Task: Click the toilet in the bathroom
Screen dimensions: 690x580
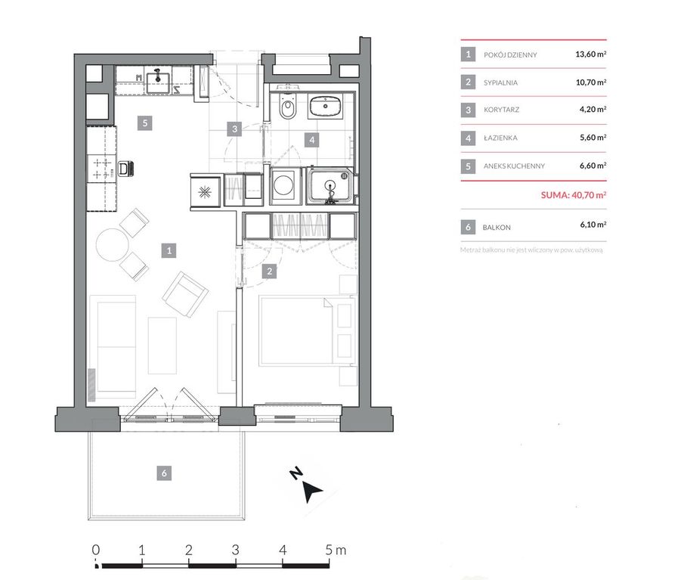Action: pyautogui.click(x=288, y=106)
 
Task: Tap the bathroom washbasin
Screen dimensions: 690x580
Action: pyautogui.click(x=325, y=106)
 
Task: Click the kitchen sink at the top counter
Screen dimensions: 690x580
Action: pyautogui.click(x=157, y=82)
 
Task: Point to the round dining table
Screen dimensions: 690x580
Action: pyautogui.click(x=113, y=244)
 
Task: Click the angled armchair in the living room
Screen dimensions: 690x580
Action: pyautogui.click(x=185, y=294)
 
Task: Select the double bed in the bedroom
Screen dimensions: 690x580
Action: pyautogui.click(x=307, y=330)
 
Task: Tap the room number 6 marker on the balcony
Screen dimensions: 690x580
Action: pyautogui.click(x=164, y=473)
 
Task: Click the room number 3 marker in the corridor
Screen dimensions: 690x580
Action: pyautogui.click(x=234, y=129)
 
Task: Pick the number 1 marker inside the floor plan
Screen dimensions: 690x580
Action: pyautogui.click(x=169, y=250)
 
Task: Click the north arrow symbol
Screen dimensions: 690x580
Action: pyautogui.click(x=312, y=491)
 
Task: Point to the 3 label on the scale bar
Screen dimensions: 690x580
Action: pyautogui.click(x=236, y=550)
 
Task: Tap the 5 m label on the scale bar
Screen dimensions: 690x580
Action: pyautogui.click(x=336, y=550)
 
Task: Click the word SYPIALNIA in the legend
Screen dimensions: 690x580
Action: pyautogui.click(x=500, y=82)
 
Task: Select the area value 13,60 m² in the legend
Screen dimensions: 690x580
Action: pyautogui.click(x=590, y=54)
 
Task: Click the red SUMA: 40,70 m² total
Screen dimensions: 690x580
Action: pyautogui.click(x=574, y=194)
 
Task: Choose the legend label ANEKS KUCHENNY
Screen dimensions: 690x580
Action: pyautogui.click(x=514, y=166)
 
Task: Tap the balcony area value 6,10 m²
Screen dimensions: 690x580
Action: pyautogui.click(x=593, y=225)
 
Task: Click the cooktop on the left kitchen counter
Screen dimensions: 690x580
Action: pyautogui.click(x=102, y=169)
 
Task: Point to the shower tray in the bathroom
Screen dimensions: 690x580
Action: pyautogui.click(x=330, y=186)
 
